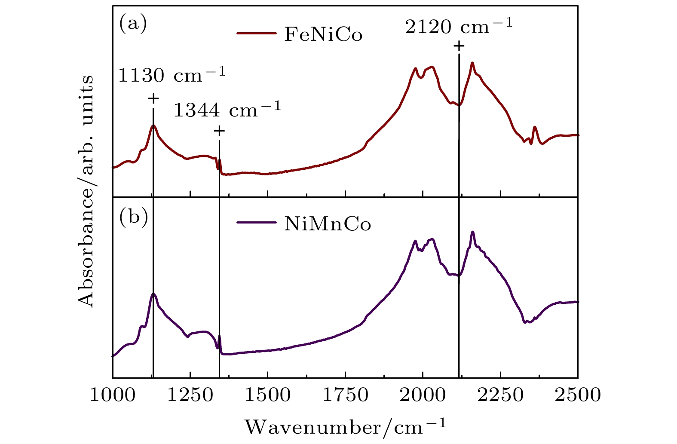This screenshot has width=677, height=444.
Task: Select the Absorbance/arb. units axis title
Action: point(87,191)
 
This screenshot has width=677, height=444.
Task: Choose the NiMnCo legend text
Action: point(328,224)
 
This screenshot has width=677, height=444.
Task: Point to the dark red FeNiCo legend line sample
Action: point(256,33)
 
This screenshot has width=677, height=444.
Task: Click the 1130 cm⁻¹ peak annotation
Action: point(172,76)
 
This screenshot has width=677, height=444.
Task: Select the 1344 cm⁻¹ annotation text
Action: point(227,110)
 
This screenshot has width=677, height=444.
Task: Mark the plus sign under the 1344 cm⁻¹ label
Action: point(219,131)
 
